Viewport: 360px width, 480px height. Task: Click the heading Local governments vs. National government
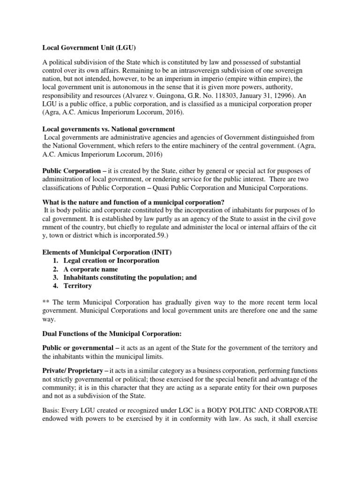click(109, 128)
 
